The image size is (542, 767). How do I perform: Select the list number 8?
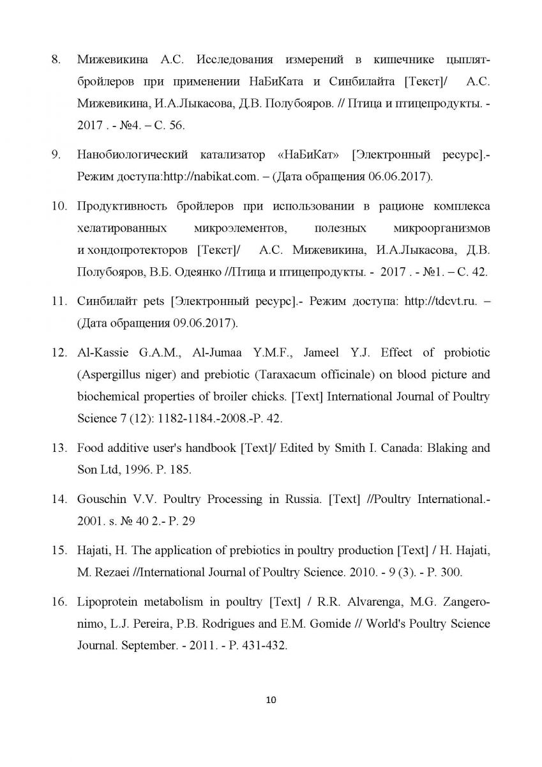pos(56,61)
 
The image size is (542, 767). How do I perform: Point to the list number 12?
pos(58,353)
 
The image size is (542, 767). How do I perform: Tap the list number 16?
pos(58,602)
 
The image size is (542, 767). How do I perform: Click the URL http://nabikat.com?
pos(200,176)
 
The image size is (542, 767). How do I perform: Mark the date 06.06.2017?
pos(399,176)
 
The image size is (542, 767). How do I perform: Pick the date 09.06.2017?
pos(202,323)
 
